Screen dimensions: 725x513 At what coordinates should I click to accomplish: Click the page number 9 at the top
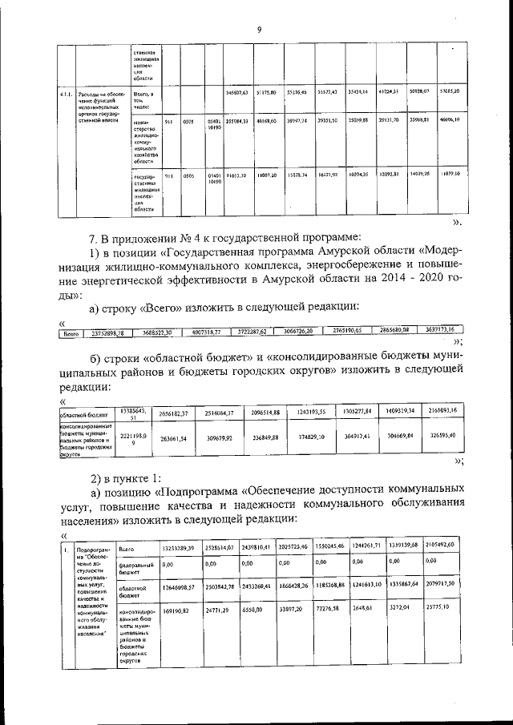pos(259,30)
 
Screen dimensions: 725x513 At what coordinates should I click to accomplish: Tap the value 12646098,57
pos(179,587)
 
